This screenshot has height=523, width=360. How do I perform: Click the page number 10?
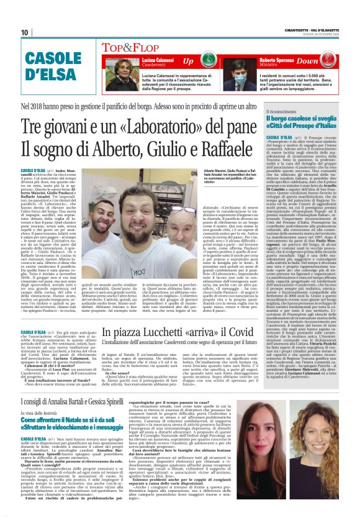(x=25, y=32)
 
